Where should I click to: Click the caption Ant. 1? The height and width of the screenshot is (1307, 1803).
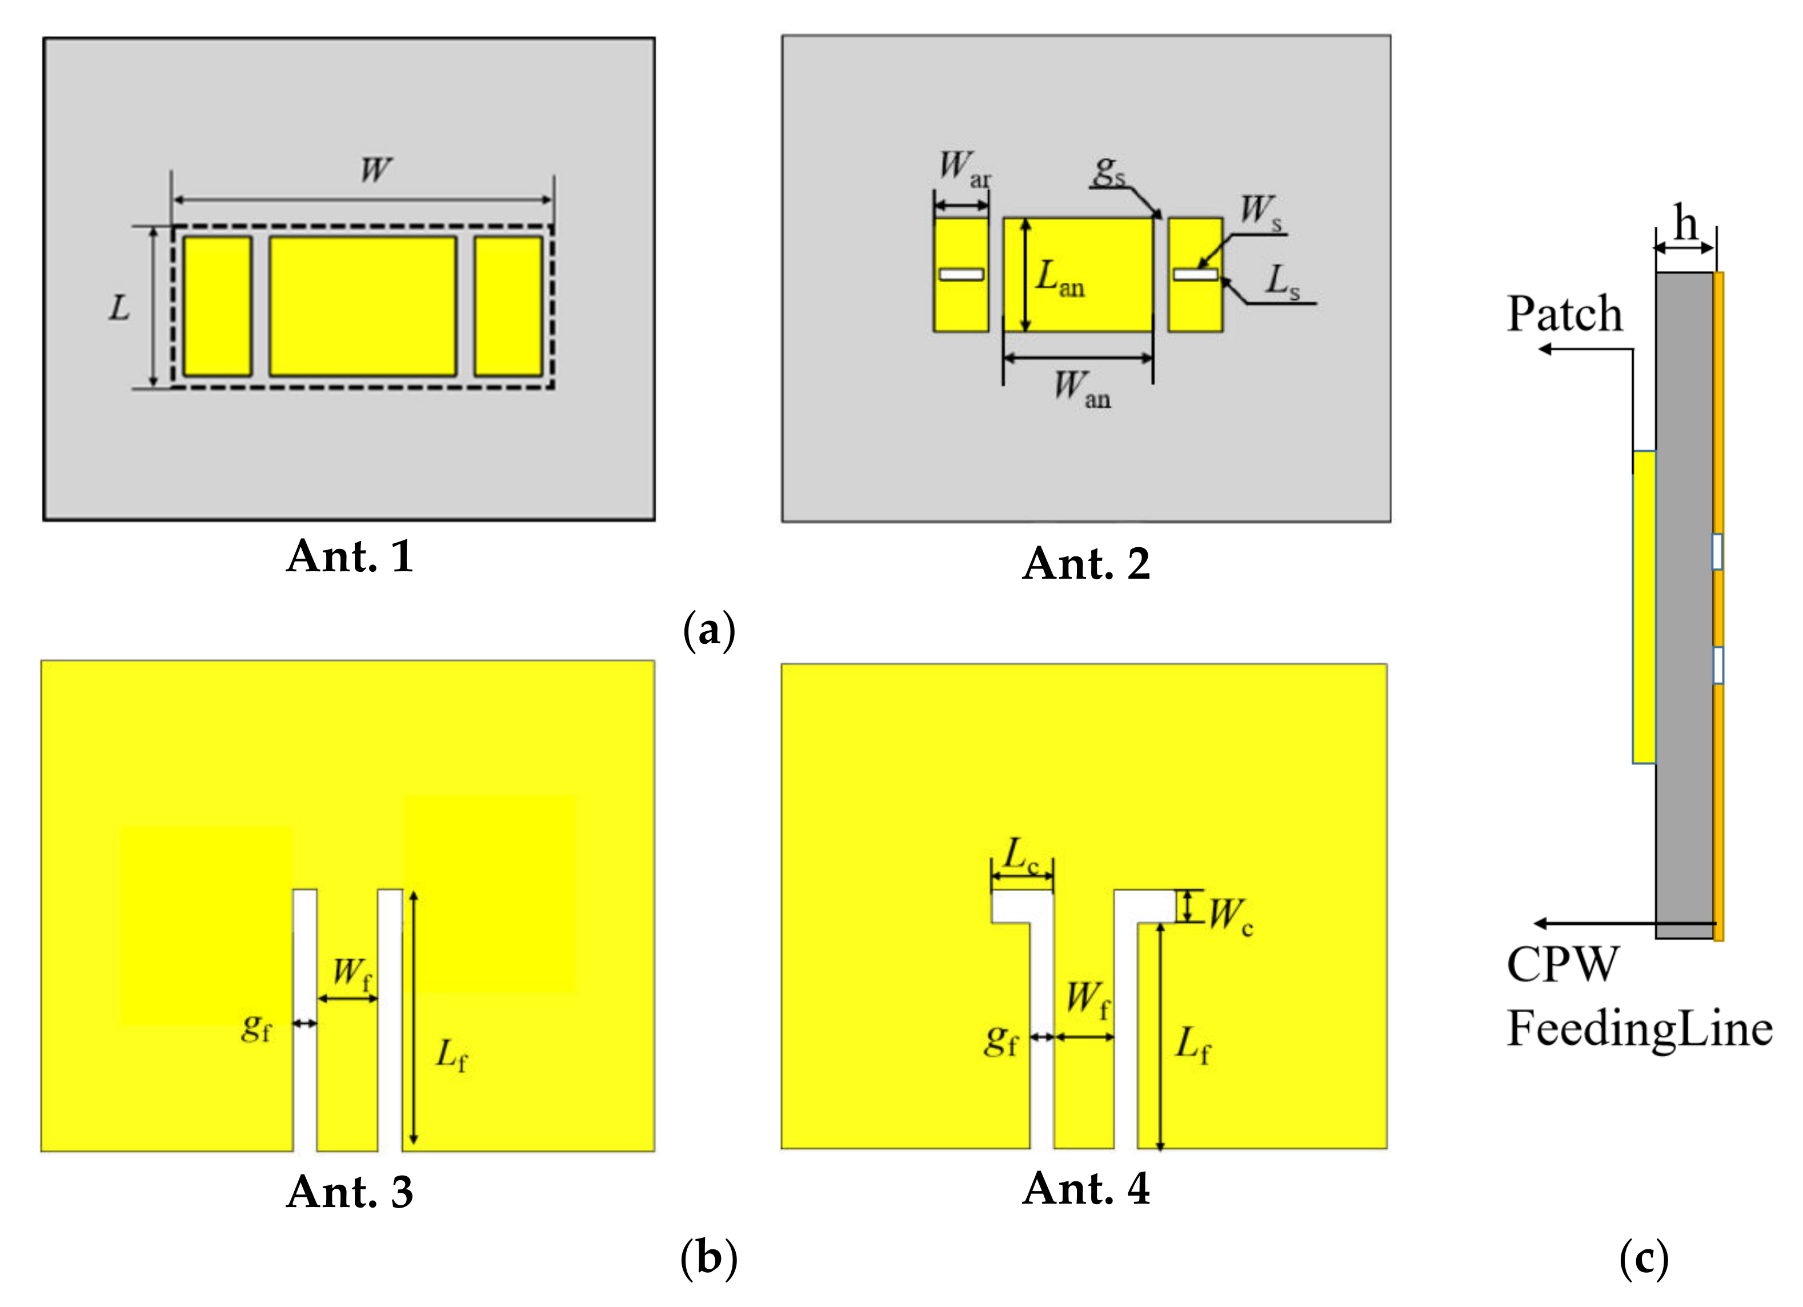tap(350, 556)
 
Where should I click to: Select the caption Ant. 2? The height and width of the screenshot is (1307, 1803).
tap(1086, 564)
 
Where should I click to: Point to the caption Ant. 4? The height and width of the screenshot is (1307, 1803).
tap(1086, 1189)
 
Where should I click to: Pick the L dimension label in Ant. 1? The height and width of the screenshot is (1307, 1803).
tap(119, 308)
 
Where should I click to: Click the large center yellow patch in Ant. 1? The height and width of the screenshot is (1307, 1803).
tap(363, 306)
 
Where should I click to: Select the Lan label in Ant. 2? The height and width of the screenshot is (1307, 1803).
tap(1060, 278)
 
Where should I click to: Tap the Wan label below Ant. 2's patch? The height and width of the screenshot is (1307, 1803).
tap(1081, 388)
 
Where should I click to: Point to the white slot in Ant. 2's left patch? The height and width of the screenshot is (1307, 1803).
tap(961, 274)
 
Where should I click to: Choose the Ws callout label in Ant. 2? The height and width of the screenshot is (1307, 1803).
tap(1261, 211)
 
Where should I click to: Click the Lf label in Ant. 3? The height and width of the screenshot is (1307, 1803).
tap(451, 1056)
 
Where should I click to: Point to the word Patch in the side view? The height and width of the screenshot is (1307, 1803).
tap(1565, 314)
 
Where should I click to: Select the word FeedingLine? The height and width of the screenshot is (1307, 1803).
tap(1639, 1029)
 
